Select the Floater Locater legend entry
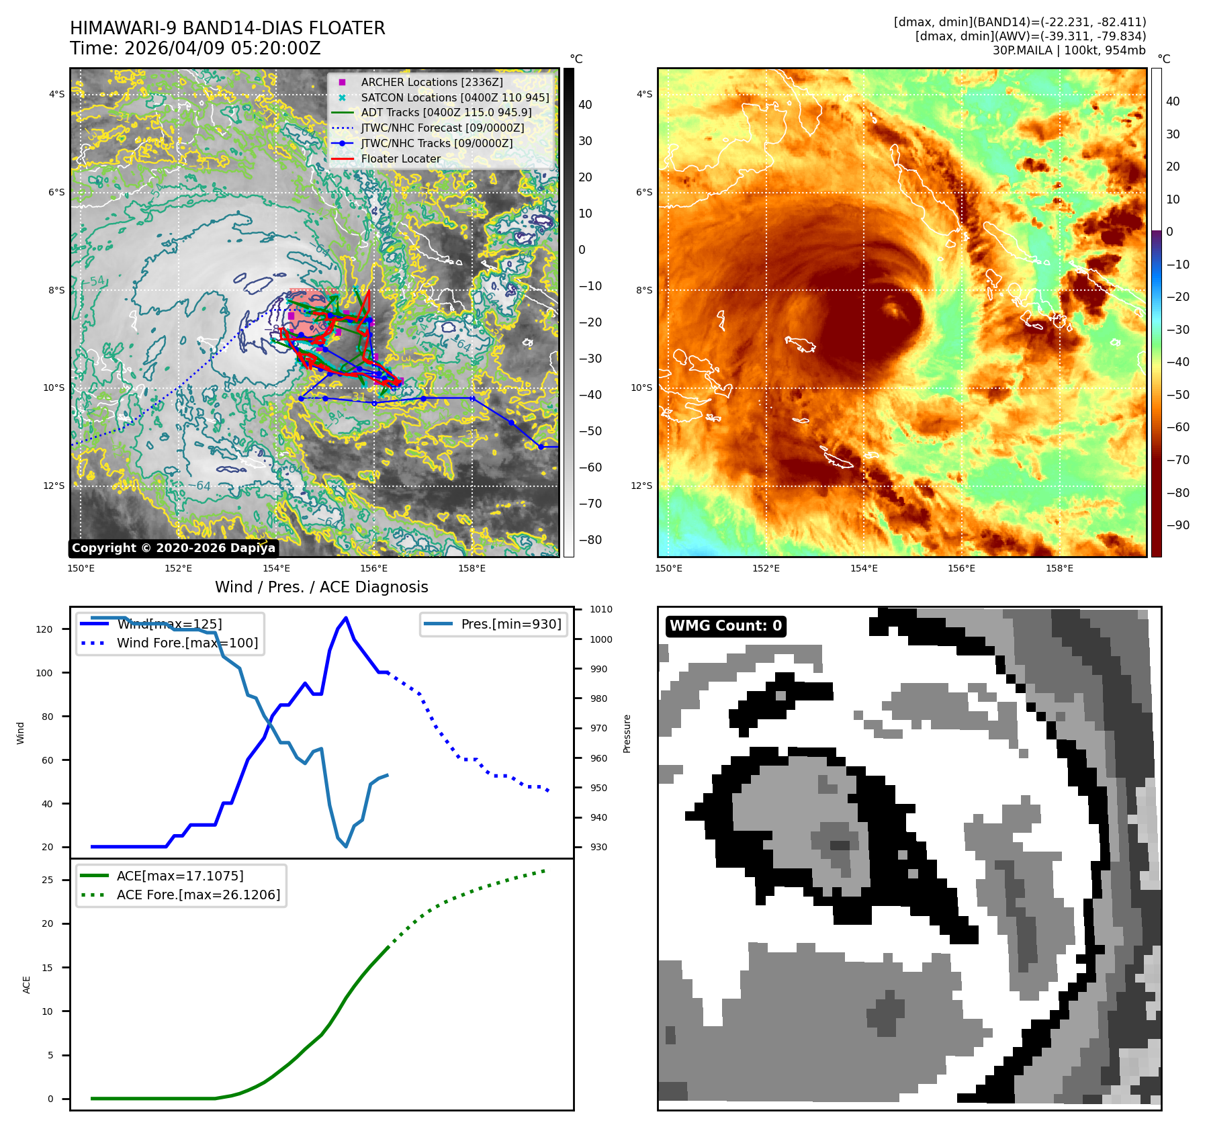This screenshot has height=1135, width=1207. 401,159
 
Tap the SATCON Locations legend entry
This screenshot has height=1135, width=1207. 455,97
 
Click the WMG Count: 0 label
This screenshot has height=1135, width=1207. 725,626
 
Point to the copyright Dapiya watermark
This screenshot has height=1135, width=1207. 173,548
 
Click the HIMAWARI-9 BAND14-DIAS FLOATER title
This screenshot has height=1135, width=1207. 227,28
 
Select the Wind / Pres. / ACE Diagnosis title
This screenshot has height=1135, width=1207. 321,587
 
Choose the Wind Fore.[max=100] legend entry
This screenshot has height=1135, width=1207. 187,643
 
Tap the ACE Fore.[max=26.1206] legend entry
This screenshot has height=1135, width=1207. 198,895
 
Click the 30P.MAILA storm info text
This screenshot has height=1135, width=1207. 1069,50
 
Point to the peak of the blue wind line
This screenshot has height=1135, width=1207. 346,618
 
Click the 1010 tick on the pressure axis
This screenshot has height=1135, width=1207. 601,610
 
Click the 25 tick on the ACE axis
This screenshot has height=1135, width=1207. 47,880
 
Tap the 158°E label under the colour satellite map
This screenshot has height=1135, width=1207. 1059,568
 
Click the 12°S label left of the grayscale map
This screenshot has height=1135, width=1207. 54,486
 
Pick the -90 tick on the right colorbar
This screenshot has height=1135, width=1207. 1177,525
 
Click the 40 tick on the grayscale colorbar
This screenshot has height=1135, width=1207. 585,105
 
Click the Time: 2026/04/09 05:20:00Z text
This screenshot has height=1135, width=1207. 195,48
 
